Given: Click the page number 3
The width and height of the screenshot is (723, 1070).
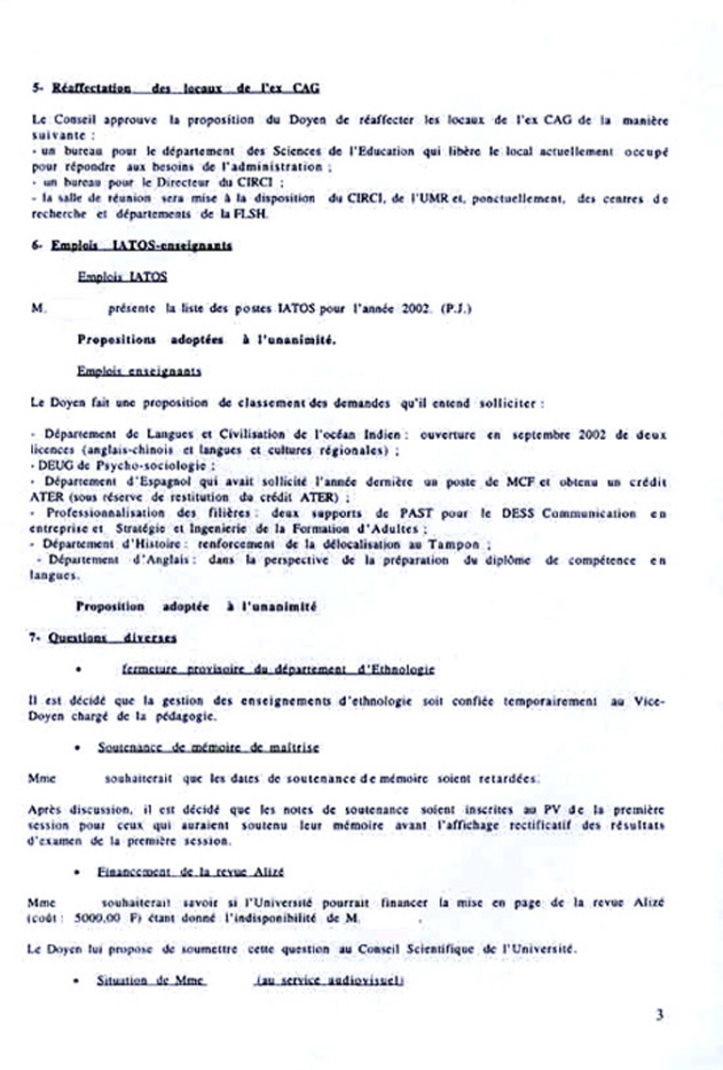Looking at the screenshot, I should [660, 1015].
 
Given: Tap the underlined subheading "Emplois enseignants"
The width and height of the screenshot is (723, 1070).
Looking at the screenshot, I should [139, 371].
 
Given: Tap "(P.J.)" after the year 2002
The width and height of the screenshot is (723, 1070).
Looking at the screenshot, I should [456, 307].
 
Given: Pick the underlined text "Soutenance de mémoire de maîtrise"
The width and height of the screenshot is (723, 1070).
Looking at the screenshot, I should [208, 747].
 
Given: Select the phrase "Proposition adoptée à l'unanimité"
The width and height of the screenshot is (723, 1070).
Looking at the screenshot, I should [196, 608].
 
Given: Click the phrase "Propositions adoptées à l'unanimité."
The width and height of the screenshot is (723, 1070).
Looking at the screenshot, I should [205, 338].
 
